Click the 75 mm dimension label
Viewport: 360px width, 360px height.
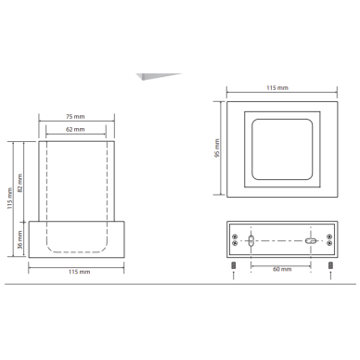[75, 117]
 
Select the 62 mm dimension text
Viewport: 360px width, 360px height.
[75, 129]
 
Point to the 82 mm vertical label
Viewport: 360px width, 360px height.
[20, 183]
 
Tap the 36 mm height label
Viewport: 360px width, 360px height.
[20, 239]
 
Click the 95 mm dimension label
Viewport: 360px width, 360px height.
[217, 148]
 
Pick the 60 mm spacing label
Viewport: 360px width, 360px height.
[282, 269]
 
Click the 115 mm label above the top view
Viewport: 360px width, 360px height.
[277, 88]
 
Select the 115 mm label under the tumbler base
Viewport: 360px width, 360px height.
[80, 272]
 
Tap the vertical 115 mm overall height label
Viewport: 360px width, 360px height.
[10, 199]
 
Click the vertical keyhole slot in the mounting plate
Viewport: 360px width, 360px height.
[251, 240]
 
